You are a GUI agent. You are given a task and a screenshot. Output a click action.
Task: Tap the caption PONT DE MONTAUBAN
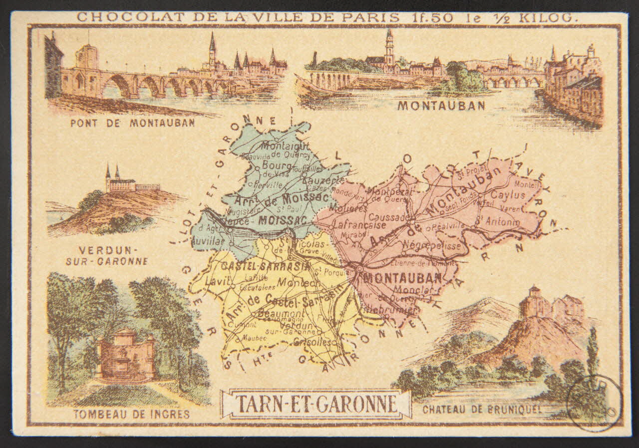[132, 123]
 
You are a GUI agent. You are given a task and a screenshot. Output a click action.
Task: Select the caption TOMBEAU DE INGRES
[131, 414]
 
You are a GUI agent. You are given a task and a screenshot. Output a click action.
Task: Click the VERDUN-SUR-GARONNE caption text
[113, 255]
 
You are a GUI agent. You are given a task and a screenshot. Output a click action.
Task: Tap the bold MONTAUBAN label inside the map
[402, 278]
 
